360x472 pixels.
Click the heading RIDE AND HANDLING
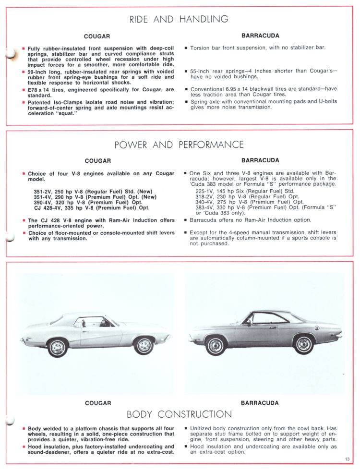tap(179, 19)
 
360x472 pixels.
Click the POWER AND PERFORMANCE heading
tap(179, 145)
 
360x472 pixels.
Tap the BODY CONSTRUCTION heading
tap(179, 414)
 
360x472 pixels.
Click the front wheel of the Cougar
tap(144, 345)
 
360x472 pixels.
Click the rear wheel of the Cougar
tap(58, 347)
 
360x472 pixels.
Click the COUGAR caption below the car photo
tap(98, 403)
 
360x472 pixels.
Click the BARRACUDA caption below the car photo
tap(260, 403)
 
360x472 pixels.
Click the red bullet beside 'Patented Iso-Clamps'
tap(23, 102)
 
